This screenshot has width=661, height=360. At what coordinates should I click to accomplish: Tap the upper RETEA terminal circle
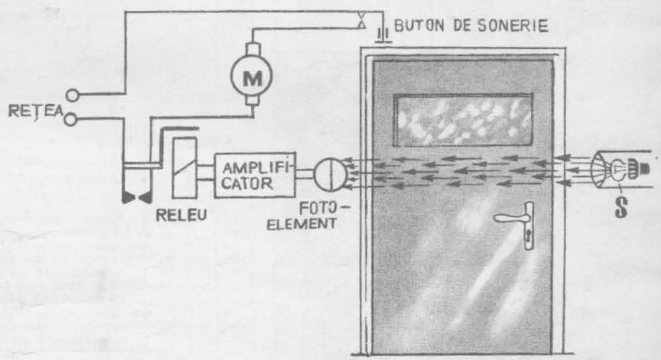(x=73, y=96)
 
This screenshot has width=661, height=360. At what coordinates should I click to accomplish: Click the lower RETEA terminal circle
(x=73, y=118)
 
